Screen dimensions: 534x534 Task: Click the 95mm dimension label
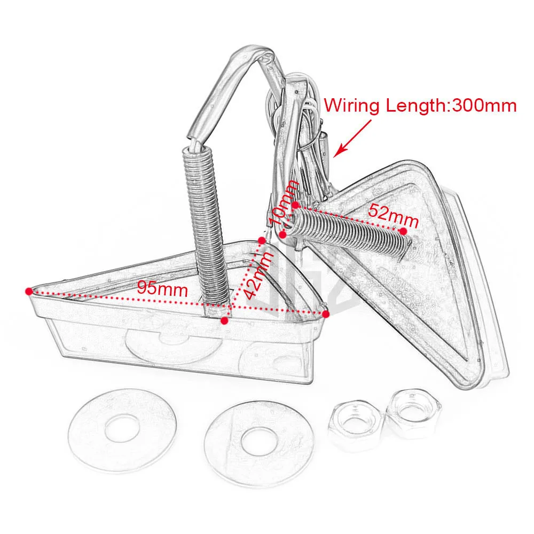pyautogui.click(x=162, y=289)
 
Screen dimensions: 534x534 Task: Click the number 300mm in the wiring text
pyautogui.click(x=484, y=105)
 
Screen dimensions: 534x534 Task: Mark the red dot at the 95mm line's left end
pyautogui.click(x=28, y=291)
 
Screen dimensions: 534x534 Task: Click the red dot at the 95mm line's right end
pyautogui.click(x=325, y=313)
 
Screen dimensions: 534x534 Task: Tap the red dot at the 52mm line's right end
pyautogui.click(x=403, y=231)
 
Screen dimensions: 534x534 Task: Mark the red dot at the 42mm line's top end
pyautogui.click(x=262, y=240)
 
